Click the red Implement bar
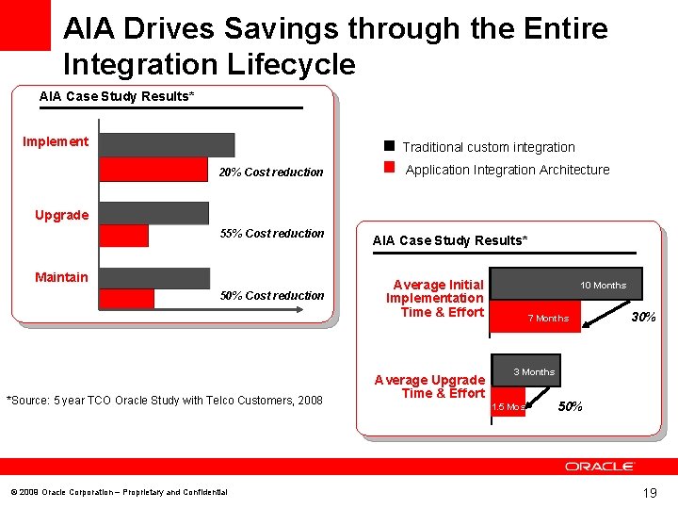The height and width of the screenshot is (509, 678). pos(153,170)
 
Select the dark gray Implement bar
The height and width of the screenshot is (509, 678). pos(167,144)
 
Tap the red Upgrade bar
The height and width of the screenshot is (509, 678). pos(123,235)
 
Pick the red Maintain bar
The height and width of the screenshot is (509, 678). pos(126,298)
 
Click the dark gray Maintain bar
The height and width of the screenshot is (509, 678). pos(154,277)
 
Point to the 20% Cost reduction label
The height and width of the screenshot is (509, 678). pos(271,172)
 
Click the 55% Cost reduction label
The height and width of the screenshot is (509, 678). pos(271,234)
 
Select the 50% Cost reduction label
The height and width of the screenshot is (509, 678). pos(271,296)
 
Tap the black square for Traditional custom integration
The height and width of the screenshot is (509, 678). pos(388,146)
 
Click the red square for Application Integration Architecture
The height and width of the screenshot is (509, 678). pos(388,169)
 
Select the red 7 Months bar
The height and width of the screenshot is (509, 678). pos(537,318)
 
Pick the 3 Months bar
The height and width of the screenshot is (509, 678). pos(525,371)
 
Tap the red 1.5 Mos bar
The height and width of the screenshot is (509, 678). pos(508,406)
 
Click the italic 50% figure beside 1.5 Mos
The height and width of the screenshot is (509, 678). pos(571,406)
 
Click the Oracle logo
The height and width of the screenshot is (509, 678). pos(600,467)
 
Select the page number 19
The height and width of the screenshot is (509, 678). pos(649,492)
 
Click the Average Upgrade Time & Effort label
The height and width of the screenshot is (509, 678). pos(429,386)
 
